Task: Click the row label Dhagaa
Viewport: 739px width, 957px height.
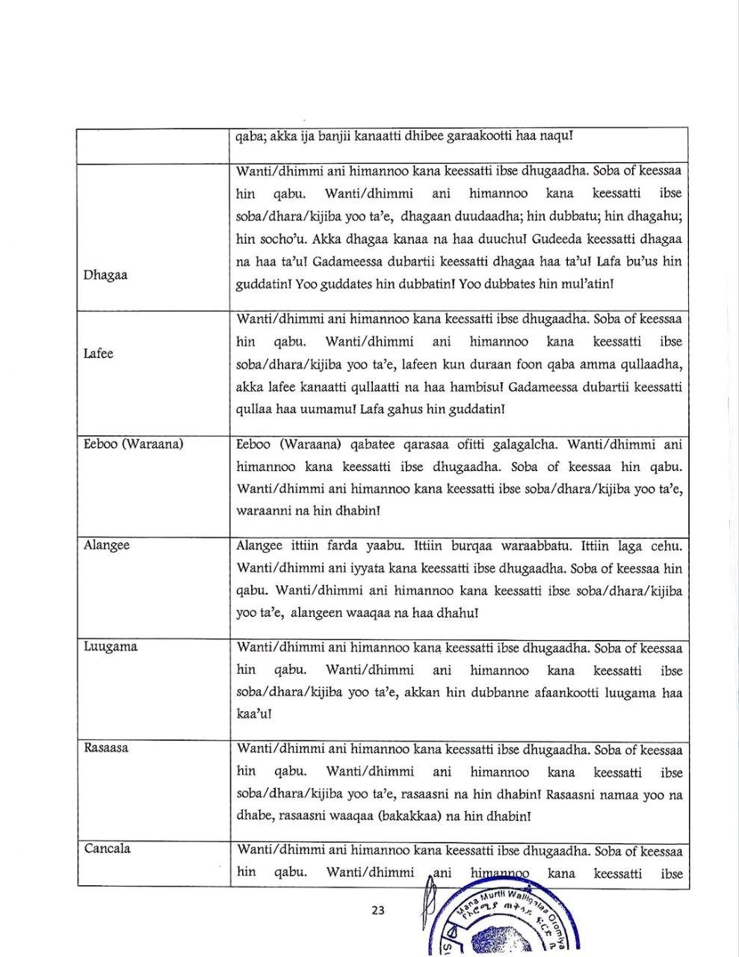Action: click(105, 274)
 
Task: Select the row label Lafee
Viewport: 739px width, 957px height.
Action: click(99, 354)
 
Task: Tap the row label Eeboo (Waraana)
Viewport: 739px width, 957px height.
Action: click(134, 444)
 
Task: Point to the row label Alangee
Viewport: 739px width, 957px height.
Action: click(107, 545)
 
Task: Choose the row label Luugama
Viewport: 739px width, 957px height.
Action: click(111, 647)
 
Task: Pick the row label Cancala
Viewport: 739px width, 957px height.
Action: click(108, 849)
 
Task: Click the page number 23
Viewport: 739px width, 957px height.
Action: click(377, 910)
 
